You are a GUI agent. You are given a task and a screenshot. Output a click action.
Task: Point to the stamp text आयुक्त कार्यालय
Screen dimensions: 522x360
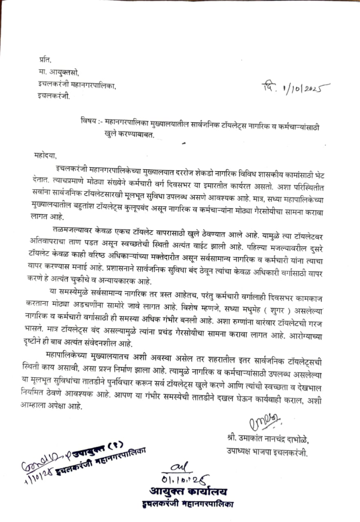188,492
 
